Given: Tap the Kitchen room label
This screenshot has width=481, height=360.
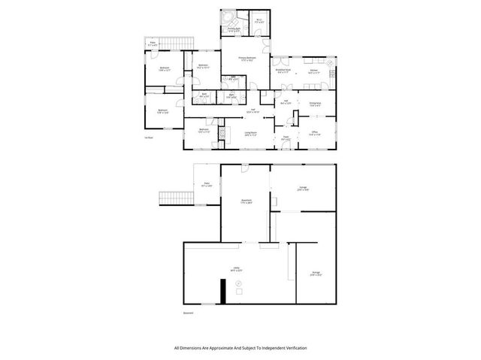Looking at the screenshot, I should point(313,73).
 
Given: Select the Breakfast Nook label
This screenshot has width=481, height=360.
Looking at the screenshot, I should point(283,72).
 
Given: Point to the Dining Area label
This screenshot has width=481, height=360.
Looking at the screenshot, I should point(315,104).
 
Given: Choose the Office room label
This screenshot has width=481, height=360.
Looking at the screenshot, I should point(315,134).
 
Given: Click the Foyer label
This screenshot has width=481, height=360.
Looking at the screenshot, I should point(286,138).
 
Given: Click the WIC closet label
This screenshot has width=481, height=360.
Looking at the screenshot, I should point(258,21).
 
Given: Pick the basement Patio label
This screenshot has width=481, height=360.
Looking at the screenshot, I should point(204,184).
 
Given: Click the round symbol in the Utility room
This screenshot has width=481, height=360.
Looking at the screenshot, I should point(239,283).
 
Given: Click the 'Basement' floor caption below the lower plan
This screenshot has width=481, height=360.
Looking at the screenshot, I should point(188,313).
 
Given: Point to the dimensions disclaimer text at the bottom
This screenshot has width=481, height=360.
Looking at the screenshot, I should point(240,348).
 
